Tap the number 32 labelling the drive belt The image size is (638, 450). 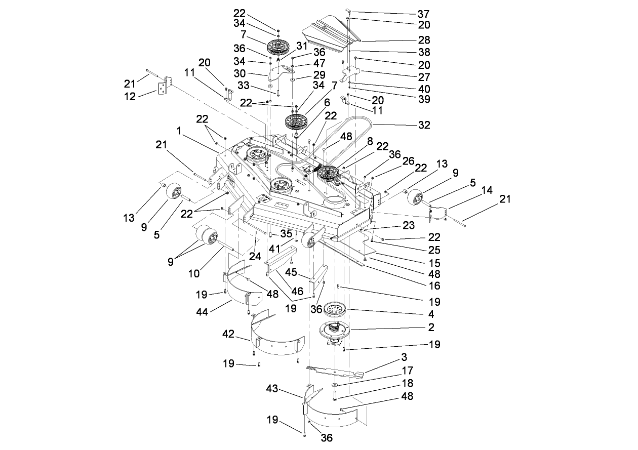pyautogui.click(x=424, y=125)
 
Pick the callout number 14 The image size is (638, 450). pyautogui.click(x=487, y=191)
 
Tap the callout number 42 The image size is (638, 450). pyautogui.click(x=229, y=334)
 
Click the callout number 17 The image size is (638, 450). pyautogui.click(x=407, y=371)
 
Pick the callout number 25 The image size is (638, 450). pyautogui.click(x=434, y=250)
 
